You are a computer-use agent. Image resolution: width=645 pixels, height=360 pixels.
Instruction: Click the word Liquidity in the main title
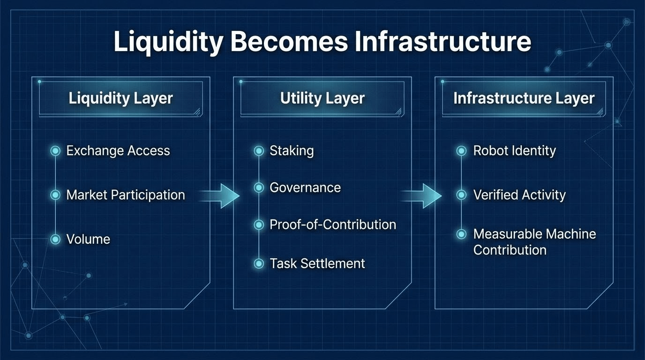pyautogui.click(x=168, y=42)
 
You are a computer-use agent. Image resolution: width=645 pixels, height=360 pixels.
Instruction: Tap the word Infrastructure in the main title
pyautogui.click(x=442, y=42)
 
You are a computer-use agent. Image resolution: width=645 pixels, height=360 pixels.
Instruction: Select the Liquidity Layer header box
pyautogui.click(x=120, y=98)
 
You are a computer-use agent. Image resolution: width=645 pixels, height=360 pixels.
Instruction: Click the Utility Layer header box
pyautogui.click(x=322, y=98)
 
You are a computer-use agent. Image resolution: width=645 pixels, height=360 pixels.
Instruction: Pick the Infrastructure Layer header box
pyautogui.click(x=524, y=98)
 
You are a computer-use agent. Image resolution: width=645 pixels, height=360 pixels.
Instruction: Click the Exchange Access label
pyautogui.click(x=118, y=151)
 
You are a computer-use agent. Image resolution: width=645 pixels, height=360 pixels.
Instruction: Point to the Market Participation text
pyautogui.click(x=126, y=195)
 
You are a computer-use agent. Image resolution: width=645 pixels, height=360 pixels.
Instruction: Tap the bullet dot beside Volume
pyautogui.click(x=55, y=240)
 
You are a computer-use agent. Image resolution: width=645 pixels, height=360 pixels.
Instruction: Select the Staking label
pyautogui.click(x=292, y=151)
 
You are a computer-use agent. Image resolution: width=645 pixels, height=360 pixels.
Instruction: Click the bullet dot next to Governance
pyautogui.click(x=259, y=188)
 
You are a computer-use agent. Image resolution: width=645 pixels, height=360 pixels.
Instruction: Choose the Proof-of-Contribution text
pyautogui.click(x=333, y=225)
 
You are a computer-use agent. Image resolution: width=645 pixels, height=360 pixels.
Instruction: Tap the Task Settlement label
pyautogui.click(x=317, y=263)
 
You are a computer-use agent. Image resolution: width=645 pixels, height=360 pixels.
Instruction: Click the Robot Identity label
pyautogui.click(x=514, y=151)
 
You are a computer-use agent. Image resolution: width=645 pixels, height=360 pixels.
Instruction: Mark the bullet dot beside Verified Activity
pyautogui.click(x=461, y=195)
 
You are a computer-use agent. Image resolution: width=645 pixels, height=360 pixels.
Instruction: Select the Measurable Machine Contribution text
pyautogui.click(x=534, y=242)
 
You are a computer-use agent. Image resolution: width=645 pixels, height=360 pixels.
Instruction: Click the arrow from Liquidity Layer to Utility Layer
pyautogui.click(x=221, y=195)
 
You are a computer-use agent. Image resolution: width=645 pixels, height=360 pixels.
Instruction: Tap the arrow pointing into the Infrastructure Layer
pyautogui.click(x=423, y=195)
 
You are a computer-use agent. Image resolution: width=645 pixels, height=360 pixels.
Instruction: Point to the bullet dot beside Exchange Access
pyautogui.click(x=55, y=151)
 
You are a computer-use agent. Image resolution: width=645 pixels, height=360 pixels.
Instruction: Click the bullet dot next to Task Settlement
pyautogui.click(x=259, y=263)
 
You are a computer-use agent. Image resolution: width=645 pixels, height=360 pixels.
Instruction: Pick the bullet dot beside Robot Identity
pyautogui.click(x=461, y=151)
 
